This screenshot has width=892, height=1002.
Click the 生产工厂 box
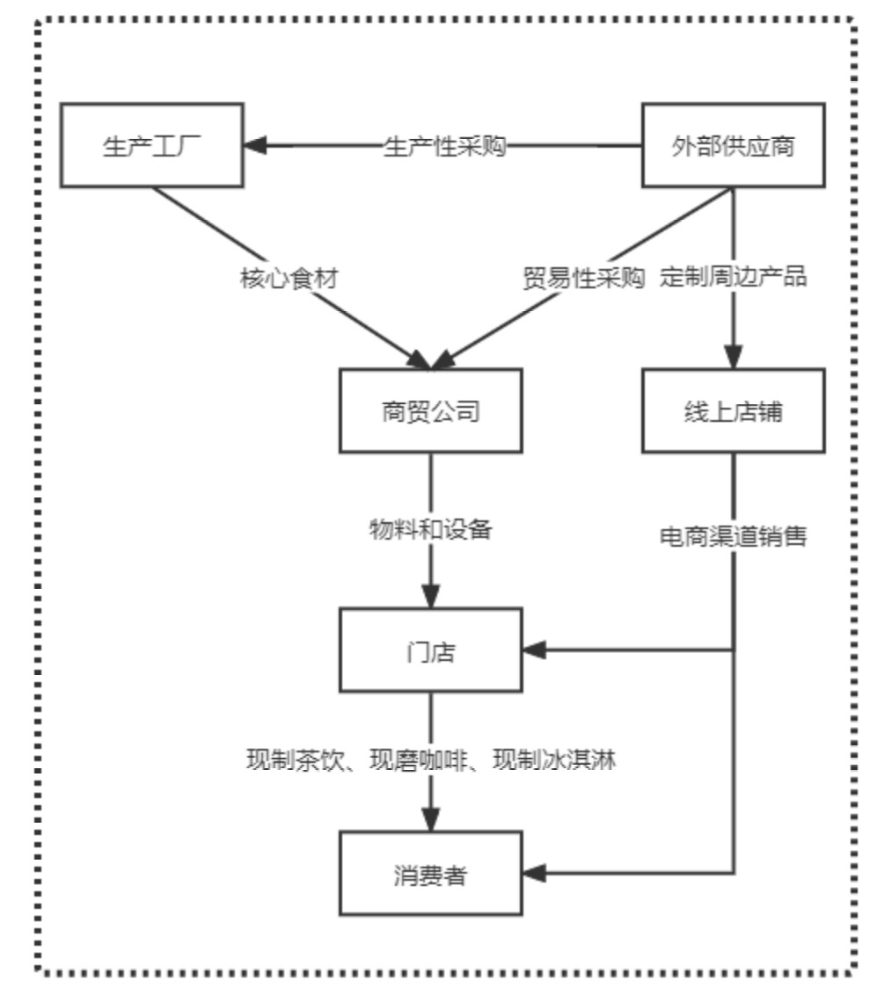tap(152, 146)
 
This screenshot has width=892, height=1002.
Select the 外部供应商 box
tap(733, 146)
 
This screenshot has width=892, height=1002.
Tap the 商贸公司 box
tap(431, 411)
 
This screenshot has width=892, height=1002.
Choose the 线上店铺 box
tap(733, 411)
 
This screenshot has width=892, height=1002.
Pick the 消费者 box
tap(431, 875)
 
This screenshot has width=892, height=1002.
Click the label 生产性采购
tap(445, 146)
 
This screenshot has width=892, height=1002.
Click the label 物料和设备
tap(431, 531)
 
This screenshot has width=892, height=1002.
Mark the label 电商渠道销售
tap(733, 536)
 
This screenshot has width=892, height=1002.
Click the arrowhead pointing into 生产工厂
tap(256, 146)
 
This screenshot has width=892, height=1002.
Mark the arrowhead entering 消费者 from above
tap(431, 821)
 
